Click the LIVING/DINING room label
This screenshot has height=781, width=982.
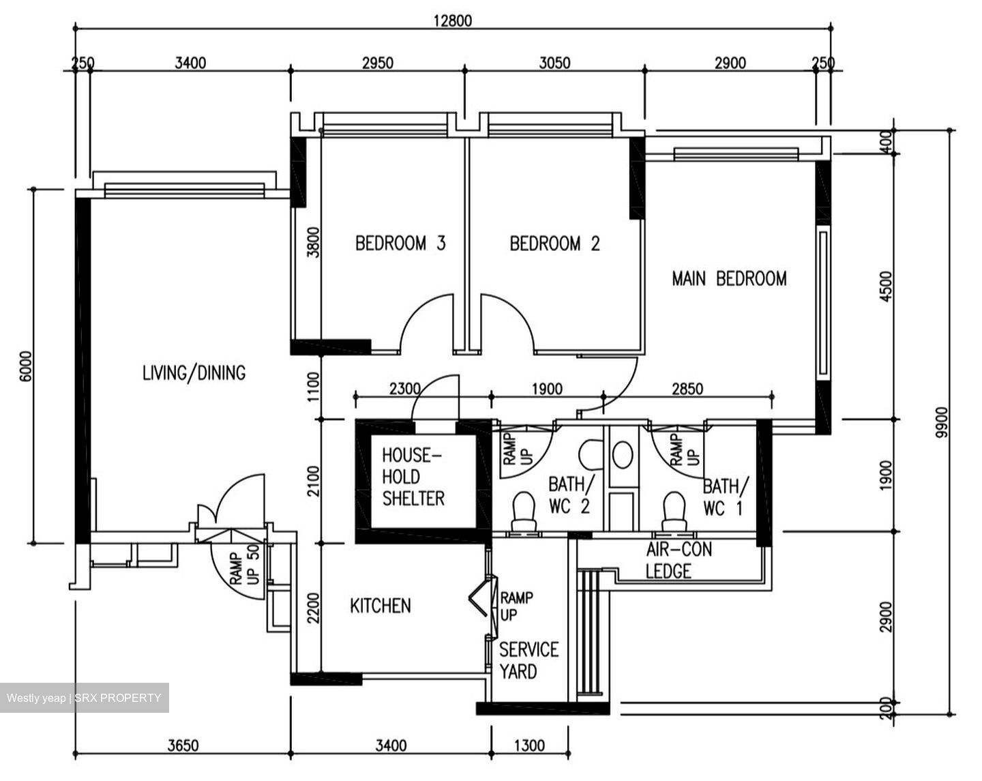click(x=194, y=373)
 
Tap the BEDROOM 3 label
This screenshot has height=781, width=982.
click(x=400, y=244)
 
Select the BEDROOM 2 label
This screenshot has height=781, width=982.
click(x=554, y=244)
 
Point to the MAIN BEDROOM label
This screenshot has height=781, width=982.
click(x=729, y=278)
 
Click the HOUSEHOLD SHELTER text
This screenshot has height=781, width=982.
click(x=413, y=477)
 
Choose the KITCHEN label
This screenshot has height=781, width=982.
click(x=381, y=606)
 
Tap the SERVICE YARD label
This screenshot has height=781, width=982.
click(x=529, y=660)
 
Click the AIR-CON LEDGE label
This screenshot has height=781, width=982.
click(x=678, y=560)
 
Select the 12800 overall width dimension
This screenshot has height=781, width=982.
click(x=452, y=20)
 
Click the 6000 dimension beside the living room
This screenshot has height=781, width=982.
click(x=25, y=368)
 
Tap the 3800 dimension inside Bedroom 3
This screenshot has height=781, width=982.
click(x=313, y=241)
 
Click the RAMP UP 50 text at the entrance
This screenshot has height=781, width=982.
click(x=243, y=565)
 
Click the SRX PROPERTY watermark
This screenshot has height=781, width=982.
click(x=84, y=698)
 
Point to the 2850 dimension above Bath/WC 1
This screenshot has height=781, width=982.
click(x=687, y=389)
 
